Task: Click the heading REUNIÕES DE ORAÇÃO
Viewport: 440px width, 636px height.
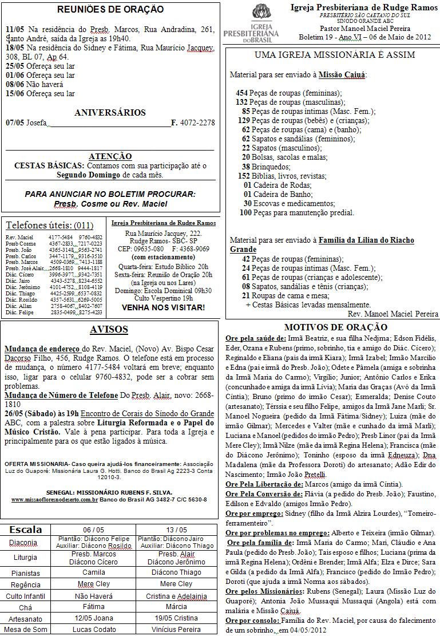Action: pyautogui.click(x=110, y=10)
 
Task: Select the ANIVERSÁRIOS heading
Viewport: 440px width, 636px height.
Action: pyautogui.click(x=110, y=113)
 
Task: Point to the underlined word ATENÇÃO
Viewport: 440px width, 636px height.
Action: pyautogui.click(x=110, y=156)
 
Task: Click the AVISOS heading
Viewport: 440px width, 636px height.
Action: pyautogui.click(x=109, y=330)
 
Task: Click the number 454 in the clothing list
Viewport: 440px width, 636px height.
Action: pyautogui.click(x=241, y=93)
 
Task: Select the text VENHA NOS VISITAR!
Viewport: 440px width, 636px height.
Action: pyautogui.click(x=163, y=307)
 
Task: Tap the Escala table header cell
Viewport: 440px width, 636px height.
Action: pyautogui.click(x=26, y=530)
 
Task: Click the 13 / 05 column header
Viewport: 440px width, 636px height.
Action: pyautogui.click(x=176, y=530)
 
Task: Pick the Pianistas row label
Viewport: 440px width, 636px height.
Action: pyautogui.click(x=26, y=572)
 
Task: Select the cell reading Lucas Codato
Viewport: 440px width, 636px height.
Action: pyautogui.click(x=94, y=629)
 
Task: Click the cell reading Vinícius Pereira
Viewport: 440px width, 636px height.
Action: pyautogui.click(x=176, y=629)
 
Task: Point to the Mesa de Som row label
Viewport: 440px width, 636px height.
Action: pyautogui.click(x=26, y=629)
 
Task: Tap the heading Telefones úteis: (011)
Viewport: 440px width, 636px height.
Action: pyautogui.click(x=49, y=225)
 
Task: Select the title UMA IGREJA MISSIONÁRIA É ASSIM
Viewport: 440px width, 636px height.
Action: pyautogui.click(x=334, y=55)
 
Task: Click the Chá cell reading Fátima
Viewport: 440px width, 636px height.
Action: pyautogui.click(x=94, y=607)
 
